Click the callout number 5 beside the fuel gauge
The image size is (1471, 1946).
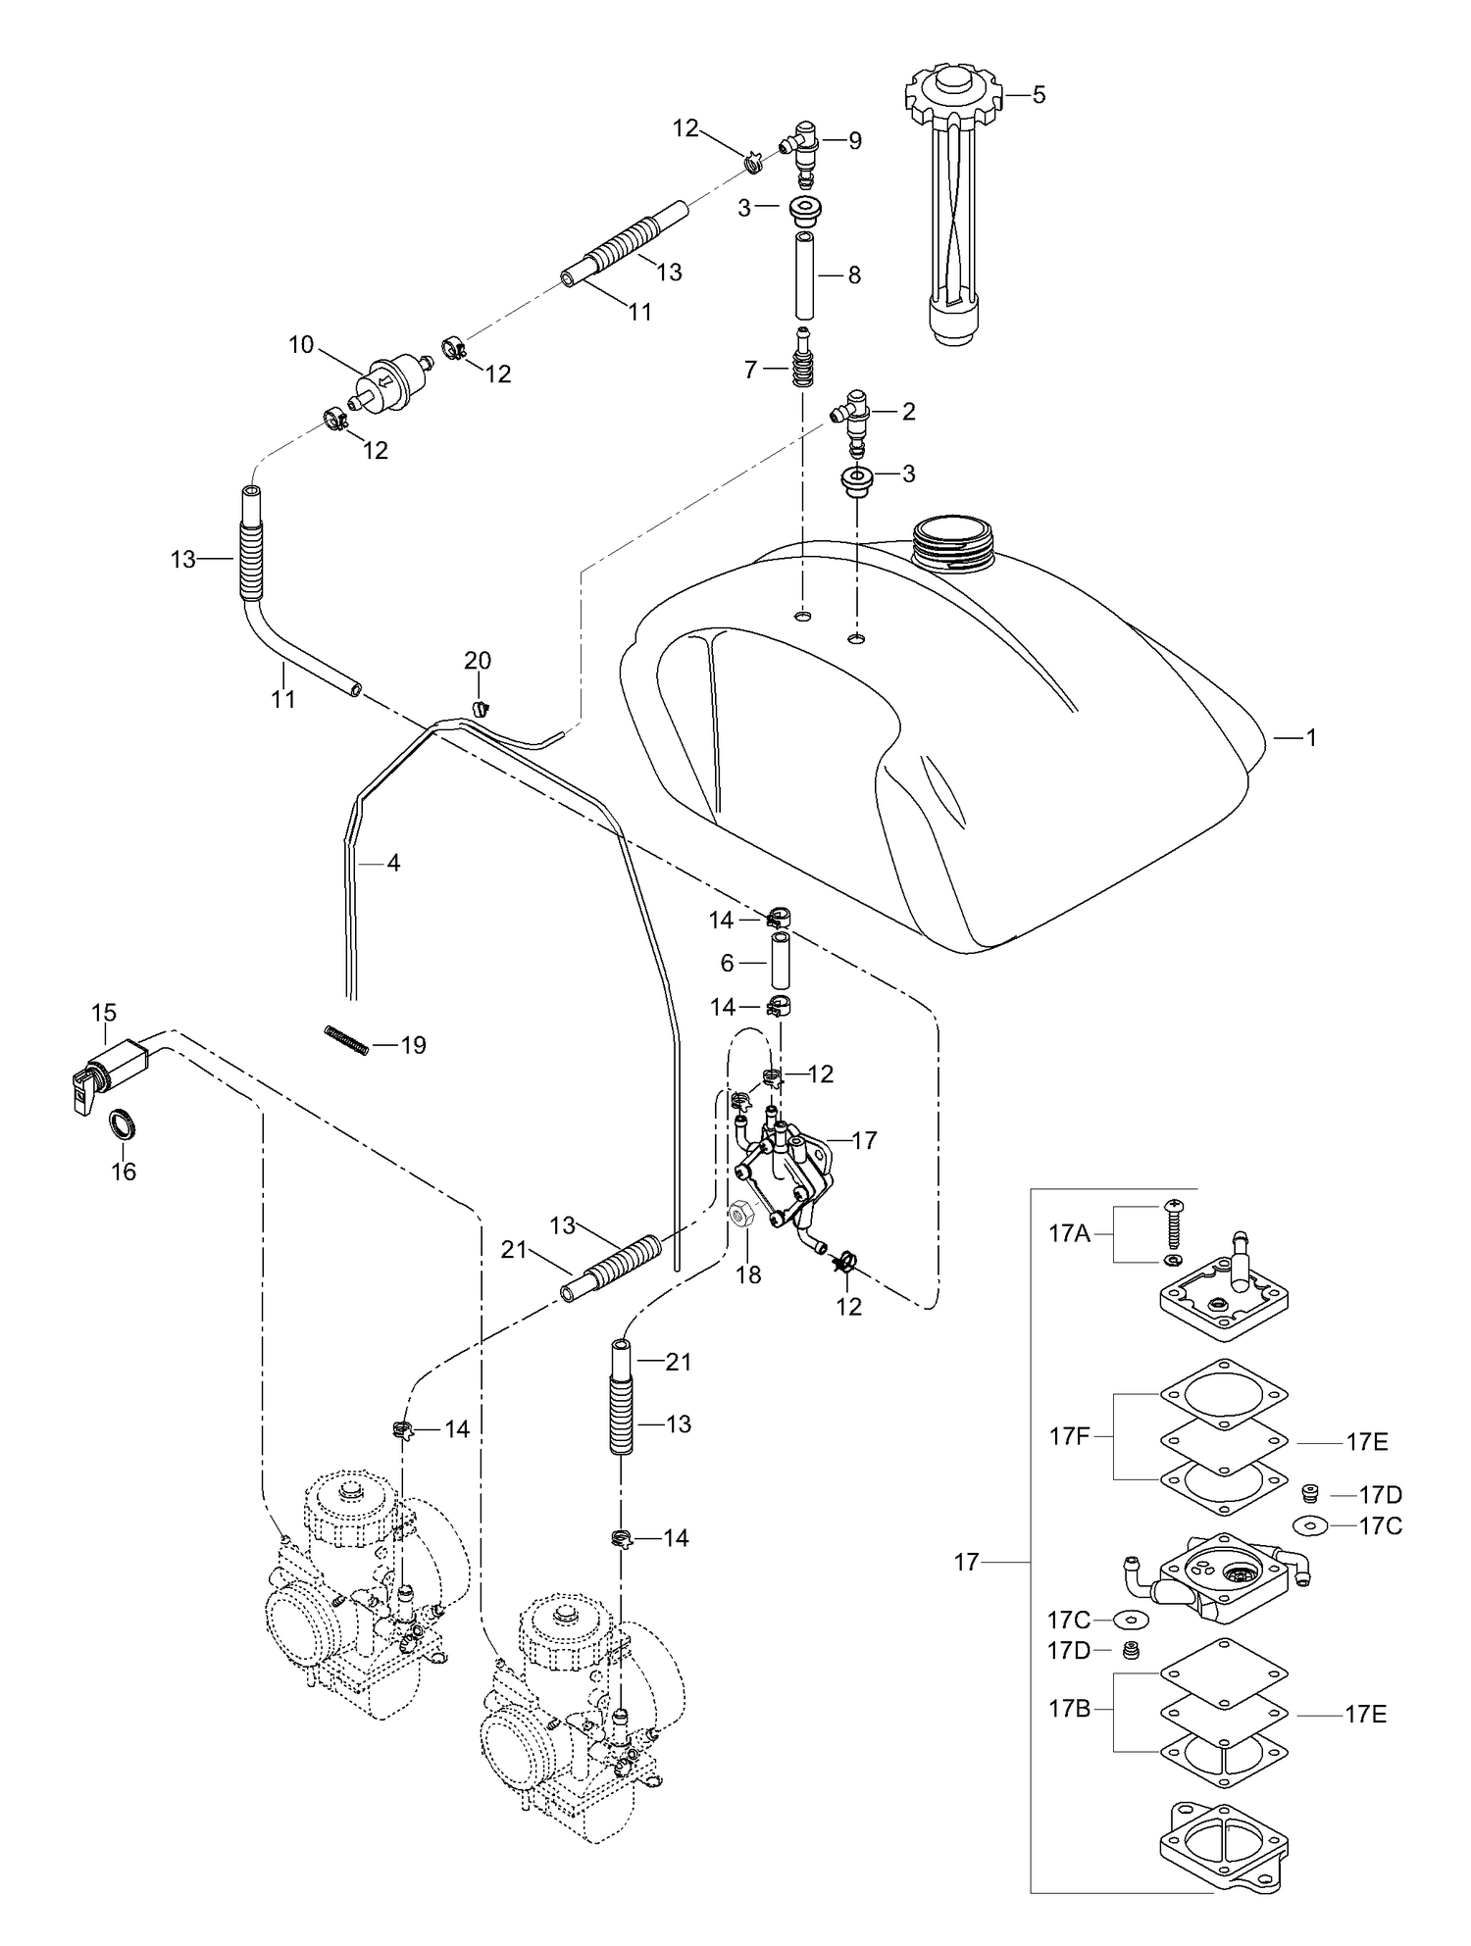[x=1040, y=95]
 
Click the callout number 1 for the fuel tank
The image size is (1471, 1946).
[x=1311, y=737]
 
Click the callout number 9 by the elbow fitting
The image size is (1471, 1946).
[x=855, y=140]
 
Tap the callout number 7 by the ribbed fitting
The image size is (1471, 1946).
[x=751, y=370]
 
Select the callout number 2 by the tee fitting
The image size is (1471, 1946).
[x=908, y=412]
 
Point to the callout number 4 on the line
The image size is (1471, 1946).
[x=393, y=864]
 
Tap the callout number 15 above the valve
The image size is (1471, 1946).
[x=104, y=1013]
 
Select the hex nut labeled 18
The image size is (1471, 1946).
[x=741, y=1214]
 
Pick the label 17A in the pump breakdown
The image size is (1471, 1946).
[x=1070, y=1233]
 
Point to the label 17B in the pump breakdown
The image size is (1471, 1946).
[x=1070, y=1709]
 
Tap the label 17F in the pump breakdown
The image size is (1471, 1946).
[x=1070, y=1437]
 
